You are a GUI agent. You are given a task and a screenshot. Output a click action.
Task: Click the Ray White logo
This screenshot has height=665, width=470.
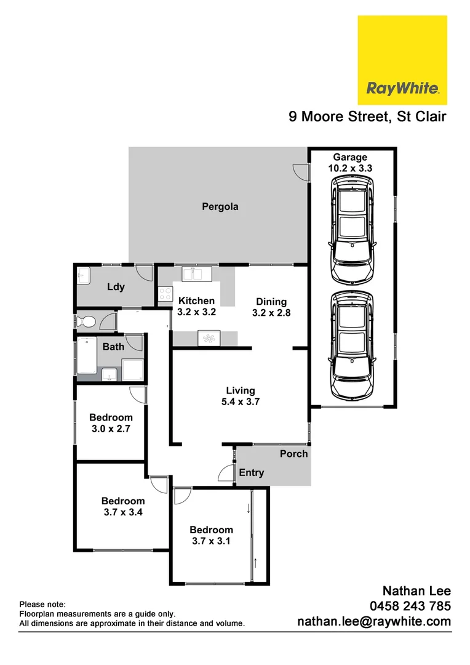[402, 60]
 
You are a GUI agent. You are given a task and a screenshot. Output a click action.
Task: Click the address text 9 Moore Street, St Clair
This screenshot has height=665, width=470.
[367, 116]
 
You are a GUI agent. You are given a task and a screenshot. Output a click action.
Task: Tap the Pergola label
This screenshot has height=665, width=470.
[220, 207]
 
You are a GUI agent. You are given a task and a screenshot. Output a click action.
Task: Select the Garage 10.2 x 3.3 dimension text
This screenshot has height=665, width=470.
[350, 163]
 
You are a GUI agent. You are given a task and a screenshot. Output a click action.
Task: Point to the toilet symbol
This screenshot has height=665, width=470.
[84, 321]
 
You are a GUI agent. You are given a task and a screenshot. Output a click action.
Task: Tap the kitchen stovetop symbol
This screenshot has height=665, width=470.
[164, 295]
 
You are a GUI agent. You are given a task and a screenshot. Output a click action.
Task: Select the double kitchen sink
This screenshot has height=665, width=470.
[197, 273]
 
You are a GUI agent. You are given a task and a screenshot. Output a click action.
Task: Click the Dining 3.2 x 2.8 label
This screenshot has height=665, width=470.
[271, 307]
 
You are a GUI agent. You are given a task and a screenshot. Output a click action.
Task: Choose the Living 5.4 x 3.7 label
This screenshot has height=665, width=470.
[240, 396]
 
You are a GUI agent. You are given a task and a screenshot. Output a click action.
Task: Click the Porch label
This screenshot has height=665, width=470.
[293, 454]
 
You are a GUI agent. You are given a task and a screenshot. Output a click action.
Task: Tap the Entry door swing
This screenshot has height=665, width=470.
[226, 474]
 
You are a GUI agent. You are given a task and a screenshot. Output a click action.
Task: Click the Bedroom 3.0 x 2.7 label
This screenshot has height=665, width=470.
[111, 422]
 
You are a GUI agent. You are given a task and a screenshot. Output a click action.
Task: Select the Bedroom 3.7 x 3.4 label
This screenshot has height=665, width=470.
[123, 506]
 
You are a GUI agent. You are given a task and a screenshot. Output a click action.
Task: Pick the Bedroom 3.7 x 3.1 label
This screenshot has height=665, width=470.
[211, 535]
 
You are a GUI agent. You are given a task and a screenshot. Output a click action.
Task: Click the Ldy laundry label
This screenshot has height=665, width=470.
[116, 287]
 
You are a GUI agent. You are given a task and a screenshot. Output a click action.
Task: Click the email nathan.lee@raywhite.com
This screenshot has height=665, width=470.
[374, 622]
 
